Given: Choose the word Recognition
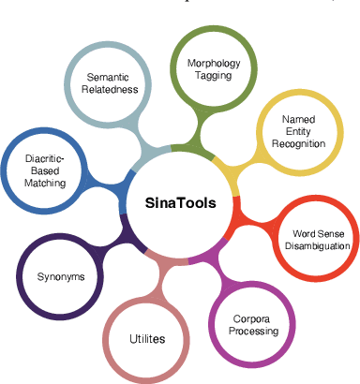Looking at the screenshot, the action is coord(297,145).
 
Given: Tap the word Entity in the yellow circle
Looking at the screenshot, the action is coord(297,132).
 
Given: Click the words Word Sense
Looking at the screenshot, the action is coord(315,232).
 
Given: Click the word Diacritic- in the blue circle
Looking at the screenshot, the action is coord(46,158).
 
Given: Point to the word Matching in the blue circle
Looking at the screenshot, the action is coord(46,184).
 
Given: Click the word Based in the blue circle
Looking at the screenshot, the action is coord(46,170).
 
